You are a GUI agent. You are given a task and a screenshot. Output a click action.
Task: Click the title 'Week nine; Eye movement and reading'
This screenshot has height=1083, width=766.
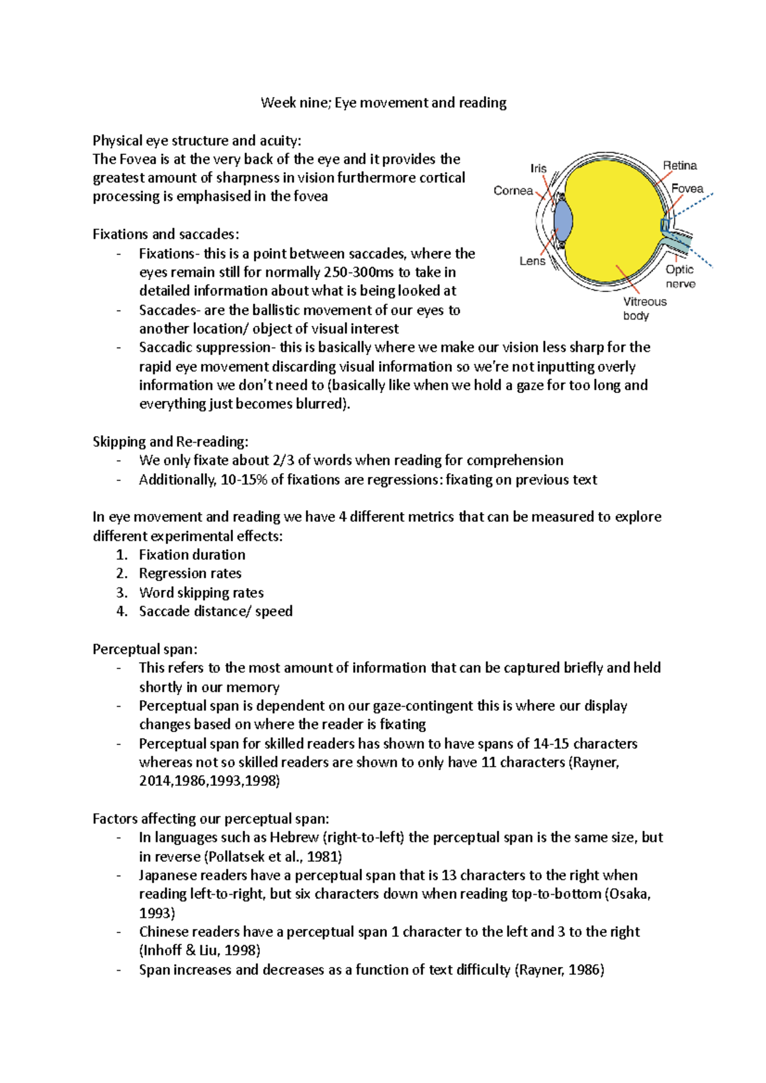[383, 103]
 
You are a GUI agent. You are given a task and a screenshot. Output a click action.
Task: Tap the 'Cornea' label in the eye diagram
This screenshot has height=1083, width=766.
[513, 191]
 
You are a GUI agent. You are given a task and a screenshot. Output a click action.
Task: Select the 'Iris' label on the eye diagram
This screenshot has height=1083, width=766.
[538, 168]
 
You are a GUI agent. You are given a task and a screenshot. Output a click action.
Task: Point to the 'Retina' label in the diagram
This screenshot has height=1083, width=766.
[679, 166]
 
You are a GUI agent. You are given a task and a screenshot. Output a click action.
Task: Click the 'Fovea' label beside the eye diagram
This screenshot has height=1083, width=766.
[687, 189]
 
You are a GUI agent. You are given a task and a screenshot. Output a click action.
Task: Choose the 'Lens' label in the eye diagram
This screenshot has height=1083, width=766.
[532, 261]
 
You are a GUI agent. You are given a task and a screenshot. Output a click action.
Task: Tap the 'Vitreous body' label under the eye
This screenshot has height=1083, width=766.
[644, 308]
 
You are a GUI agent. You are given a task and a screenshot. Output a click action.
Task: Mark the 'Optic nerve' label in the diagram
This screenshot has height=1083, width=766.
[680, 277]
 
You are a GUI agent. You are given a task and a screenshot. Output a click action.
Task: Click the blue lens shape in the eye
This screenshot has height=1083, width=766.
[563, 220]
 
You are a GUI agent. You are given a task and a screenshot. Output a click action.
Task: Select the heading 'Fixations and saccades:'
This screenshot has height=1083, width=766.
[166, 234]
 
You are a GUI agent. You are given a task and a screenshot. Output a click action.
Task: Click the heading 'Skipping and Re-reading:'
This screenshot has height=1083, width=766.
[170, 441]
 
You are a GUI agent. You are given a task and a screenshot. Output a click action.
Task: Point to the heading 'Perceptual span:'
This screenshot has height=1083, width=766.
[145, 649]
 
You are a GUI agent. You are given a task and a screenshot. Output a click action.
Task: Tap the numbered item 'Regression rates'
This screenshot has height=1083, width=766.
[190, 573]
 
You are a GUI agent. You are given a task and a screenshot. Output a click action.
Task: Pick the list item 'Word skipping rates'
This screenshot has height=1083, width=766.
[201, 593]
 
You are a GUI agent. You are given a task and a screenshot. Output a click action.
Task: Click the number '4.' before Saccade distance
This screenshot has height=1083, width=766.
[122, 611]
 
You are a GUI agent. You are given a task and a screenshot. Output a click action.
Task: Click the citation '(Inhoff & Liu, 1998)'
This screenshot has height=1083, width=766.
[200, 950]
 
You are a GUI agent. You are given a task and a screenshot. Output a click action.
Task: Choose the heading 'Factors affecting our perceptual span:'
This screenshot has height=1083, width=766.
[211, 819]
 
